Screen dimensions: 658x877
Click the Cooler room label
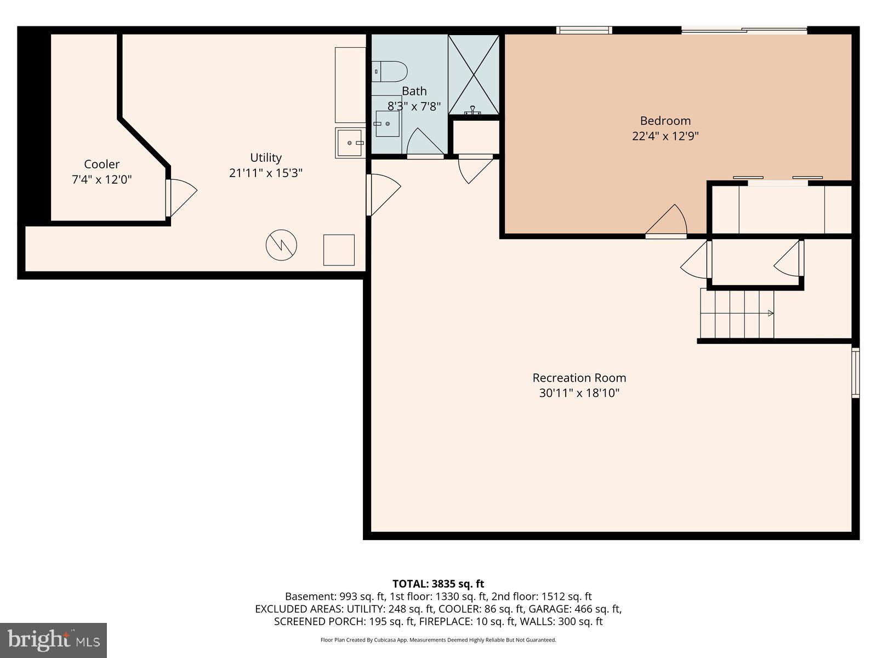[x=101, y=164]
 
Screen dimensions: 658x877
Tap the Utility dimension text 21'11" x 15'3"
[x=266, y=173]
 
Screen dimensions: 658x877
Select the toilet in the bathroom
[x=390, y=71]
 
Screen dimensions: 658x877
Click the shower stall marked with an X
[x=474, y=75]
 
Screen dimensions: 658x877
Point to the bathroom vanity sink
[x=387, y=123]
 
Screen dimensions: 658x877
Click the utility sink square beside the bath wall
[x=350, y=143]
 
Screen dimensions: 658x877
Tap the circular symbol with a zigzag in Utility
[x=281, y=245]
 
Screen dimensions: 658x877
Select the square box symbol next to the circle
[x=339, y=250]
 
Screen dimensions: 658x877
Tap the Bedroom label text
[x=665, y=121]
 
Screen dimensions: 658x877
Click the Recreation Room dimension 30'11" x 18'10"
[x=579, y=393]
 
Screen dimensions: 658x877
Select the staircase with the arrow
[x=737, y=314]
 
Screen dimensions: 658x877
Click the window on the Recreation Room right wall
[x=855, y=372]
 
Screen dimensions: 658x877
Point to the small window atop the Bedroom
[x=584, y=30]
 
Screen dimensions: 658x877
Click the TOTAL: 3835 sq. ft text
[x=438, y=584]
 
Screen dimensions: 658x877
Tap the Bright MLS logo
[x=53, y=640]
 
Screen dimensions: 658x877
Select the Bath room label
[x=414, y=91]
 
